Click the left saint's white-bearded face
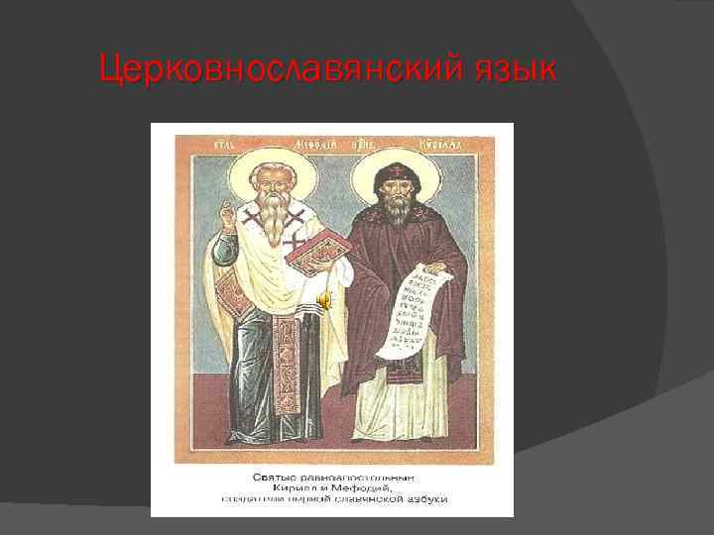point(268,188)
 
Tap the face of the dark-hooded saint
point(395,194)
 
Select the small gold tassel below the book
point(323,297)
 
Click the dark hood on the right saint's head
point(395,174)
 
